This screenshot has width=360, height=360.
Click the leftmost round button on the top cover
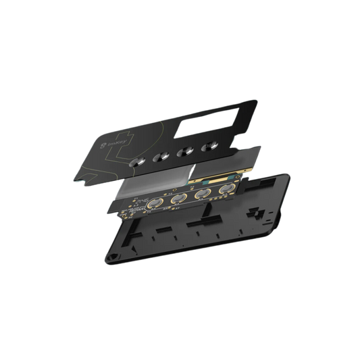[139, 162]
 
